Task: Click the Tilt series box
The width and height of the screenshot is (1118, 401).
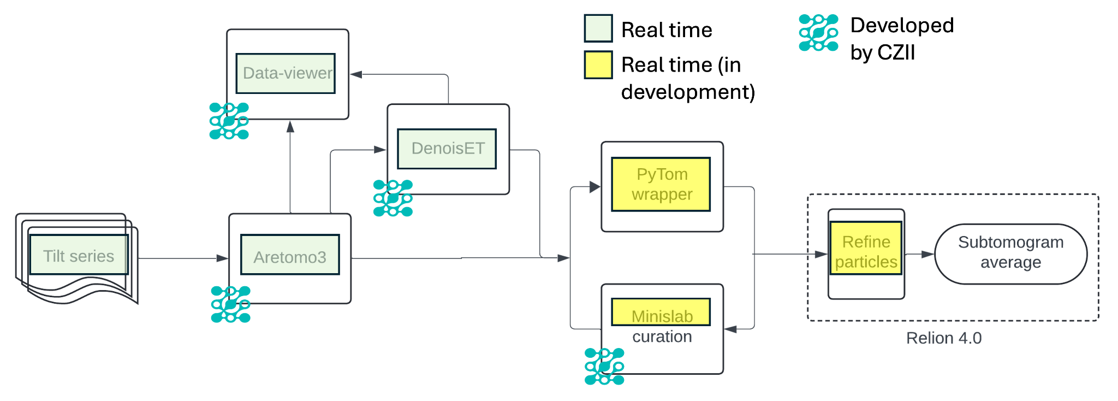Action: pyautogui.click(x=78, y=255)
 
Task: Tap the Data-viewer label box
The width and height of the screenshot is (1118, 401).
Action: pyautogui.click(x=286, y=73)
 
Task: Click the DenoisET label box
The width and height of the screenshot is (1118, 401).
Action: pyautogui.click(x=447, y=149)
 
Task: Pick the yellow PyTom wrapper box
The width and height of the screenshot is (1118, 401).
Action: pyautogui.click(x=661, y=184)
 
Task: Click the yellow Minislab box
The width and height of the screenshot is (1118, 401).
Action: pyautogui.click(x=661, y=312)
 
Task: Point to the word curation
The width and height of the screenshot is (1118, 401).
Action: pyautogui.click(x=662, y=337)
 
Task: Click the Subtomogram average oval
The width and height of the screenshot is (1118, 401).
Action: pyautogui.click(x=1010, y=253)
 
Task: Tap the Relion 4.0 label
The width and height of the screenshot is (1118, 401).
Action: pyautogui.click(x=944, y=338)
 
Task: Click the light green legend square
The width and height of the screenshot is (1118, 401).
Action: pyautogui.click(x=598, y=28)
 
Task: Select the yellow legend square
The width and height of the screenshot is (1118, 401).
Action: pyautogui.click(x=598, y=65)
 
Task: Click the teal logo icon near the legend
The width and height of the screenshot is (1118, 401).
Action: pyautogui.click(x=818, y=33)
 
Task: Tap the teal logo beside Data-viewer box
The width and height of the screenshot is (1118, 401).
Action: pyautogui.click(x=229, y=121)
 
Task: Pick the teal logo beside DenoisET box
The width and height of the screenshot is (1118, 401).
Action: pyautogui.click(x=393, y=198)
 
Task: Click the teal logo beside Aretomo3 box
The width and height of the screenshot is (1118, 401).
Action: pyautogui.click(x=231, y=304)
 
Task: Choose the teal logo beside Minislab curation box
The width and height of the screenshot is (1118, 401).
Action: pyautogui.click(x=604, y=366)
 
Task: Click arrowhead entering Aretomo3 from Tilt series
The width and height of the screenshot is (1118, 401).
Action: pyautogui.click(x=223, y=258)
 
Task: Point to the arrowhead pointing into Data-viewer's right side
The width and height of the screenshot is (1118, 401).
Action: pyautogui.click(x=356, y=74)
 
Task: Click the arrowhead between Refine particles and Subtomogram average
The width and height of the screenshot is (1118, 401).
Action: pyautogui.click(x=928, y=255)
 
